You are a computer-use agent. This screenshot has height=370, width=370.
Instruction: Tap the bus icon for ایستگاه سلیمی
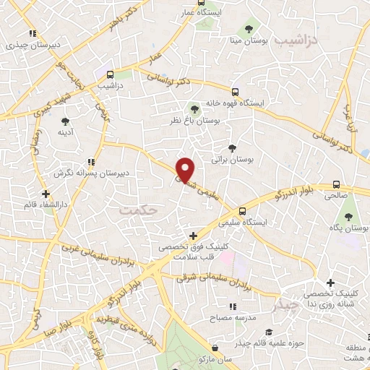point(242,211)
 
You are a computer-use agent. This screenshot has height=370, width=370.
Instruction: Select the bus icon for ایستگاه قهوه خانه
point(235,92)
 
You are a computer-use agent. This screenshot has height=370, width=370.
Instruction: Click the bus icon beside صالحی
point(336,184)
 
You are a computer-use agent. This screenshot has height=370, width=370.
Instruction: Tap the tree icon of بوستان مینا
point(249,29)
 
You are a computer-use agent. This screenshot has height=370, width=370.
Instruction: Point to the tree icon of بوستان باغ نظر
point(194,109)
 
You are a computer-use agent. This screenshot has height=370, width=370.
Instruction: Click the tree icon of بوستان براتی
point(231,147)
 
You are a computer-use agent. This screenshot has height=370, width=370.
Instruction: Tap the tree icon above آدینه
point(65,121)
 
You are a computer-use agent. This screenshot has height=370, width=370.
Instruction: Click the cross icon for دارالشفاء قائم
point(46,194)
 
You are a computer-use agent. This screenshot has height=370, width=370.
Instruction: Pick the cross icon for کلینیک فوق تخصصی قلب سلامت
point(193,236)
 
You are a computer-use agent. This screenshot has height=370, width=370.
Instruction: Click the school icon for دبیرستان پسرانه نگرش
point(90,162)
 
